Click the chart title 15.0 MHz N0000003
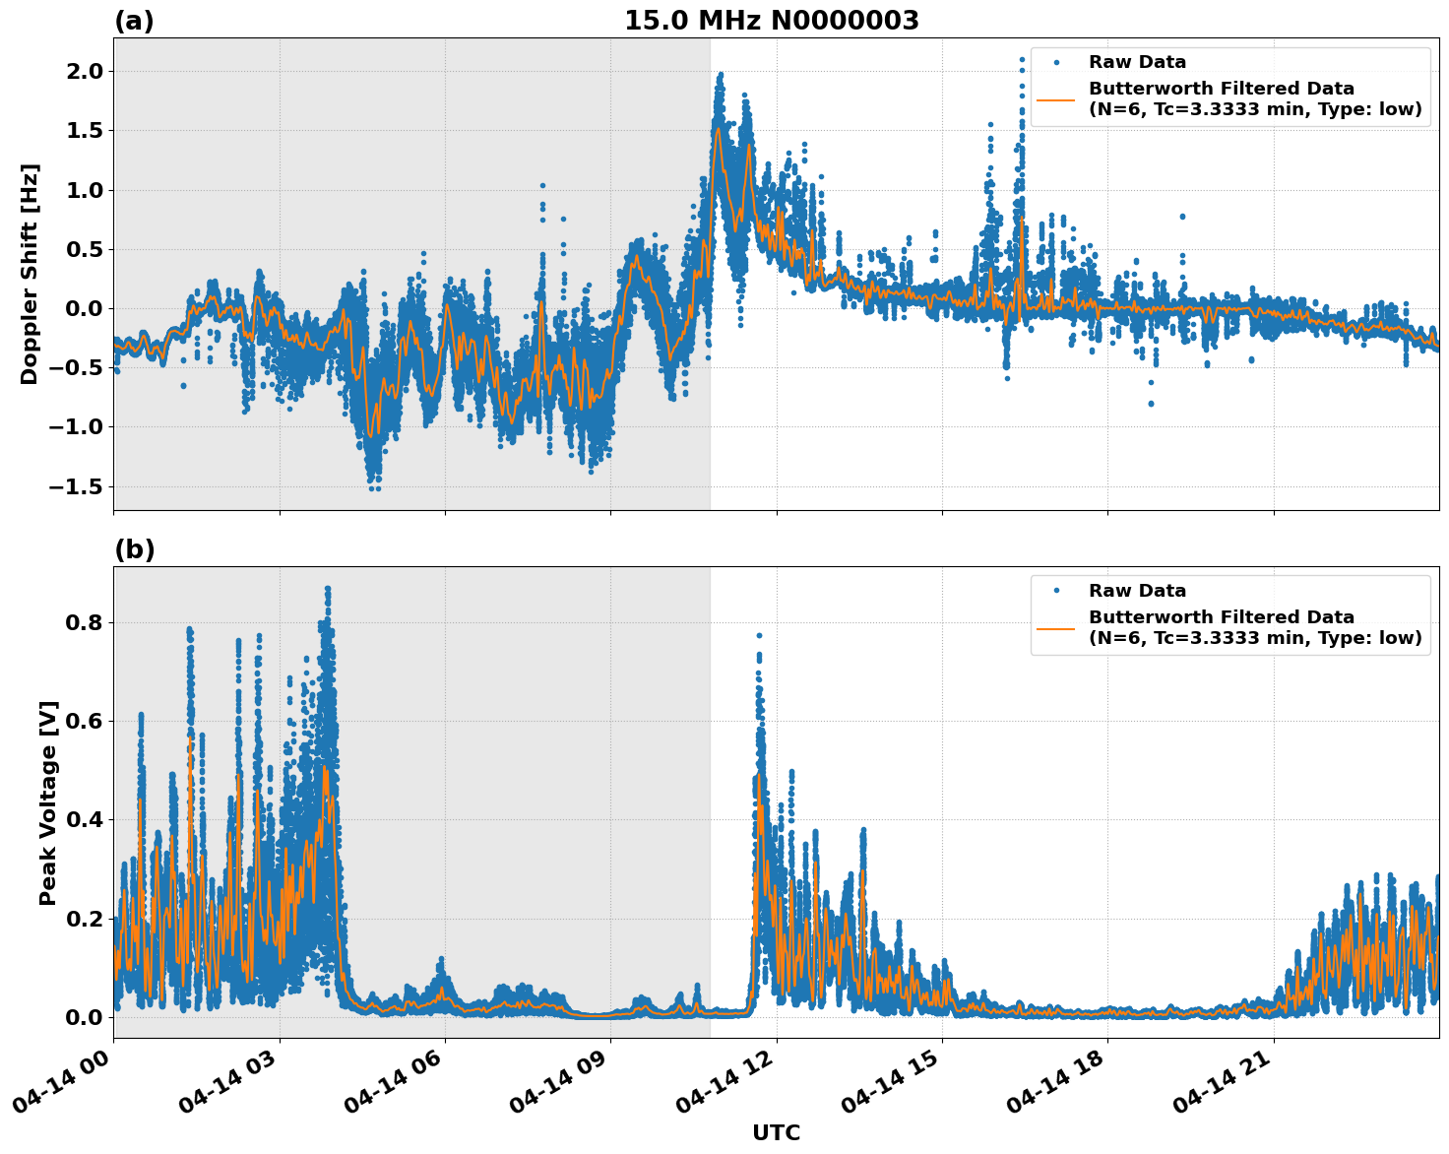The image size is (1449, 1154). [771, 21]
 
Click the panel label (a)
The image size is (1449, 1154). [134, 21]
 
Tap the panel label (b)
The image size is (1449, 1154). [134, 549]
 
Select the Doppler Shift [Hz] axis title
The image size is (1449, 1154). [30, 274]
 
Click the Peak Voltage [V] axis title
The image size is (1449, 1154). [48, 802]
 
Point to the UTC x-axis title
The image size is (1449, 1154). [776, 1132]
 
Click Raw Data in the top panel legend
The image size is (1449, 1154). [1137, 62]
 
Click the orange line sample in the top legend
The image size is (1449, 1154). [1056, 98]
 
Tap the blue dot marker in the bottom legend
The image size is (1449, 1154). [1056, 591]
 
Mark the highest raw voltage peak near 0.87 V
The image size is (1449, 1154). [328, 589]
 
